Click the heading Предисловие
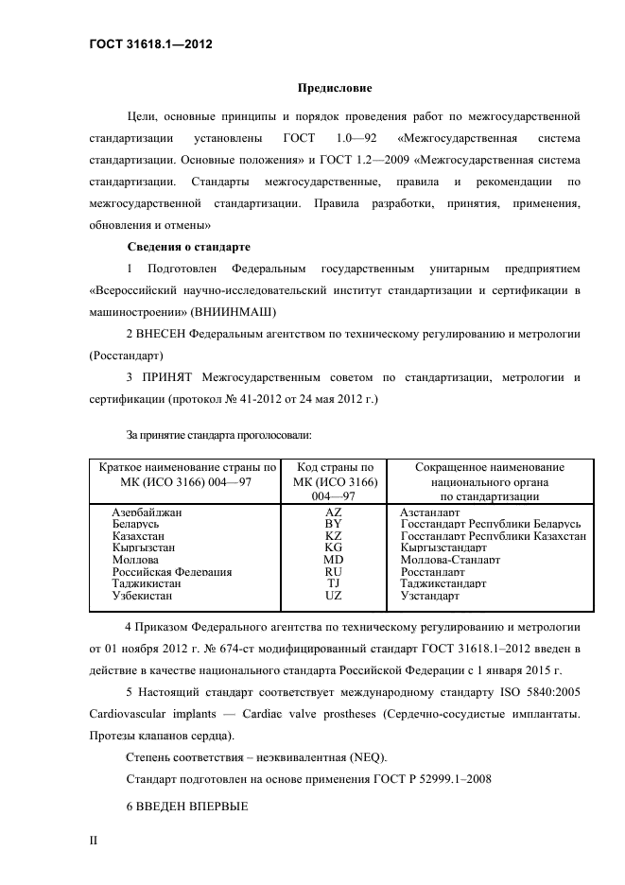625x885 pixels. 335,88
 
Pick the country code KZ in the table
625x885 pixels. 333,535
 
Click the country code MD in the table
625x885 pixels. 333,560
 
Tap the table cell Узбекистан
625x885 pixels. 143,597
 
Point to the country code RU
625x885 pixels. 333,572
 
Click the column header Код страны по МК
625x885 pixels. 335,467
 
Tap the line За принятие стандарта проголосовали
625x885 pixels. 219,435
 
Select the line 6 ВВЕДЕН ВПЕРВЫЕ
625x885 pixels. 186,807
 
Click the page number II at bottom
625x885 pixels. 94,839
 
